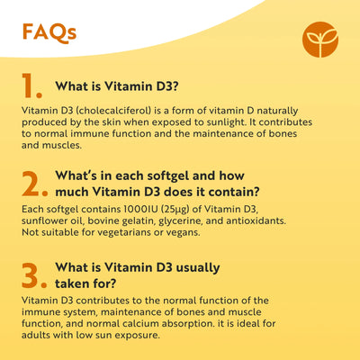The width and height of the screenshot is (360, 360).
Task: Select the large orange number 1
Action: (31, 85)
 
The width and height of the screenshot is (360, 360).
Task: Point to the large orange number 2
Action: (33, 183)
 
